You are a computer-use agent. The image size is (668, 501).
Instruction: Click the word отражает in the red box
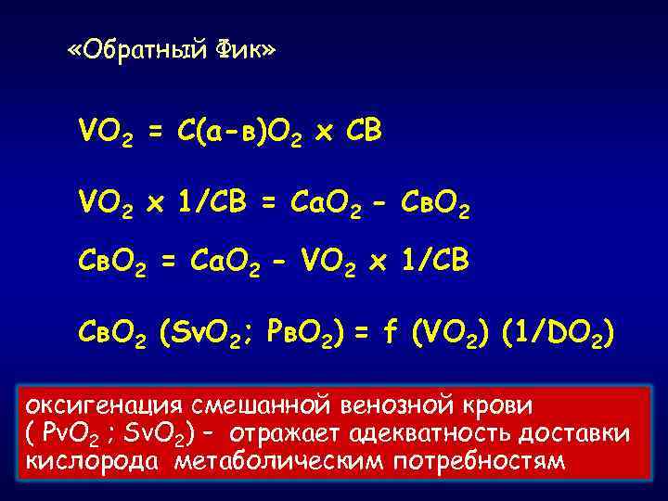(283, 433)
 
